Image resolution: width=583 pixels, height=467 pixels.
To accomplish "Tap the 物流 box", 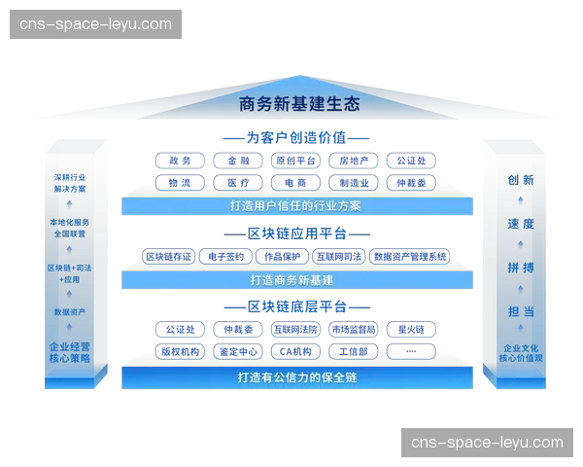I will tap(179, 183).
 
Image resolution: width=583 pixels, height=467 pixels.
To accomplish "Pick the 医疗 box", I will tap(238, 183).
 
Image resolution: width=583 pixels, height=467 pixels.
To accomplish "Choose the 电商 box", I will tap(294, 183).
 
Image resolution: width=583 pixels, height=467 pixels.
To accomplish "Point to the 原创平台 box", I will tap(294, 161).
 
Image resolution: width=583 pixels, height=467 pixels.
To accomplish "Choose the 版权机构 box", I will tap(179, 351).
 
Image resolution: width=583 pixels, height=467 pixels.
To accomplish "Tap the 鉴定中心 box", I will tap(238, 351).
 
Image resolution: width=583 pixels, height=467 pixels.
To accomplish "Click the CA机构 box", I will tap(294, 351).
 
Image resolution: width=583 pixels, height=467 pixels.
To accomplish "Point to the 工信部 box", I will tap(351, 351).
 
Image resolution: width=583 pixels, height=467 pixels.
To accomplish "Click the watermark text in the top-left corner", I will tap(97, 24).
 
